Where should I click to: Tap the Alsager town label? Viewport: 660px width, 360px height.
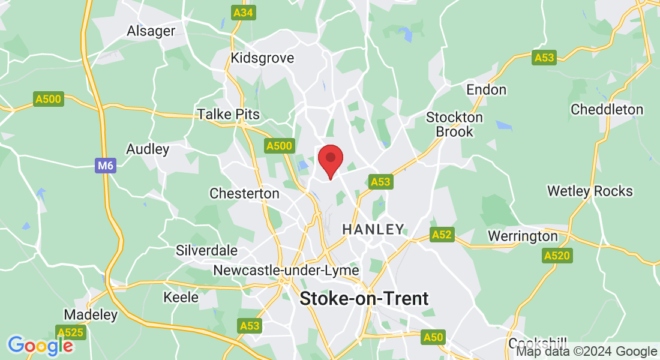point(151,31)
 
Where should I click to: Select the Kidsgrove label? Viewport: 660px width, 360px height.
point(263,58)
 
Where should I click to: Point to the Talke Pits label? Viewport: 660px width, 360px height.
point(229,115)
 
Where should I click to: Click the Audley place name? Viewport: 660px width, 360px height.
point(148,149)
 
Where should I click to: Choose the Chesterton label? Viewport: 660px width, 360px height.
point(244,193)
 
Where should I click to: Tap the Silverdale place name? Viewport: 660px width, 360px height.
point(206,250)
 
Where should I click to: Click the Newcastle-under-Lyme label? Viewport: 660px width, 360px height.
point(286,271)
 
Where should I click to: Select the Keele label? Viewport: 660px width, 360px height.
point(181,297)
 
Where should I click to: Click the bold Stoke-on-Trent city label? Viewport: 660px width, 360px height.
point(364,298)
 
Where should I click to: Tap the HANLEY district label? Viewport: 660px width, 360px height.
point(373,229)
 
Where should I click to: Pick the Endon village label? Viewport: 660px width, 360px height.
point(487,90)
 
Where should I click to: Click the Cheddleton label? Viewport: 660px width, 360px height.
point(607,110)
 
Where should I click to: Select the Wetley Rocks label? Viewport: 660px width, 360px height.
point(590,191)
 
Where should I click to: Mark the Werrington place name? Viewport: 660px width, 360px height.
point(523,236)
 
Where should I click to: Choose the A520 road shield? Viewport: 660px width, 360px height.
point(556,256)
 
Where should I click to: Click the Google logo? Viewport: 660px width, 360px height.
point(40,346)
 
